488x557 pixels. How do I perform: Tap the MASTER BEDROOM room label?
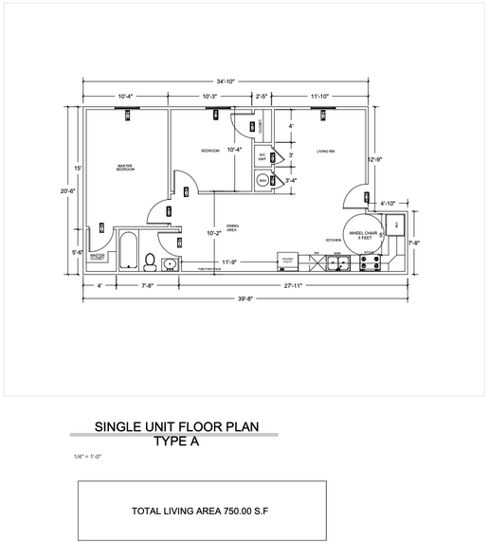point(125,168)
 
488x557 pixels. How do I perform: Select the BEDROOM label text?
point(209,152)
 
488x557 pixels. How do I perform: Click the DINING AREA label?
point(231,227)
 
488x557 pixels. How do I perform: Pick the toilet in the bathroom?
point(149,261)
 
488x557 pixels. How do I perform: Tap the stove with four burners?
point(371,262)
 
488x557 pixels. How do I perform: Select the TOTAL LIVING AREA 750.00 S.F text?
point(201,511)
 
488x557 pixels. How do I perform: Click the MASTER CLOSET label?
point(97,256)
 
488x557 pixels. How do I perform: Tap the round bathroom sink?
point(169,262)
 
